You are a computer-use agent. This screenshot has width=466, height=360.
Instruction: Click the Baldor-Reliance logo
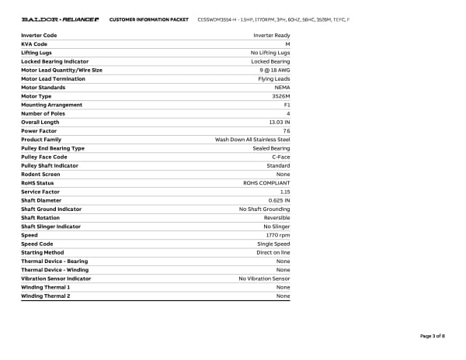[x=60, y=18]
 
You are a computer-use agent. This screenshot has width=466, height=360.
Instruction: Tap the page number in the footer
[x=432, y=336]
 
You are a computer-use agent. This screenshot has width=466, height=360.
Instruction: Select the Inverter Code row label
[x=39, y=36]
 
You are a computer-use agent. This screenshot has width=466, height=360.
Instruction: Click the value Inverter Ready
[x=272, y=36]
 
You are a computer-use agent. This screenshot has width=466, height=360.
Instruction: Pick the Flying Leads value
[x=274, y=79]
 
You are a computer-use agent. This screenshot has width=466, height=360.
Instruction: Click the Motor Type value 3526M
[x=281, y=96]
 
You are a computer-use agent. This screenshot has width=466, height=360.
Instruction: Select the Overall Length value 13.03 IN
[x=279, y=123]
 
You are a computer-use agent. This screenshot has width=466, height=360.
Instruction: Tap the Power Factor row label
[x=38, y=131]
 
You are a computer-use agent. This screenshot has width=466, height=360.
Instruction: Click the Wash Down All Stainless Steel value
[x=252, y=140]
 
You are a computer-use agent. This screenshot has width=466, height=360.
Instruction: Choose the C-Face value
[x=280, y=157]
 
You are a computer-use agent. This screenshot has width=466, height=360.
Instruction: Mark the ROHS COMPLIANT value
[x=267, y=183]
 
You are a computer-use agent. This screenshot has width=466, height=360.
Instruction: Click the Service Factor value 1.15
[x=285, y=192]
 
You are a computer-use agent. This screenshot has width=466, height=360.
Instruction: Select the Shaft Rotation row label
[x=40, y=218]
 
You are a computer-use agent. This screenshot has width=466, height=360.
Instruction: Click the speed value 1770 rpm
[x=278, y=235]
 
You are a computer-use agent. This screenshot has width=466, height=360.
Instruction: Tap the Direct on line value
[x=273, y=252]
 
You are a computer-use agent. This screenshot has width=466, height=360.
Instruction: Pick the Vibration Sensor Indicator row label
[x=56, y=279]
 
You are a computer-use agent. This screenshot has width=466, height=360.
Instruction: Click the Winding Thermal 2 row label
[x=45, y=296]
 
